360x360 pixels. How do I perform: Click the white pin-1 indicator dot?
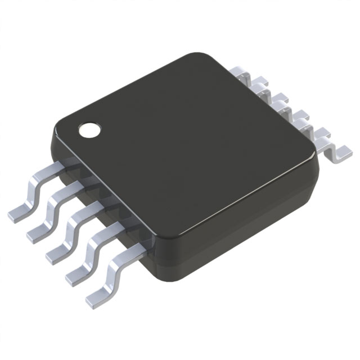[88, 130]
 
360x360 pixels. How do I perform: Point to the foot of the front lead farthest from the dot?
[97, 296]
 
